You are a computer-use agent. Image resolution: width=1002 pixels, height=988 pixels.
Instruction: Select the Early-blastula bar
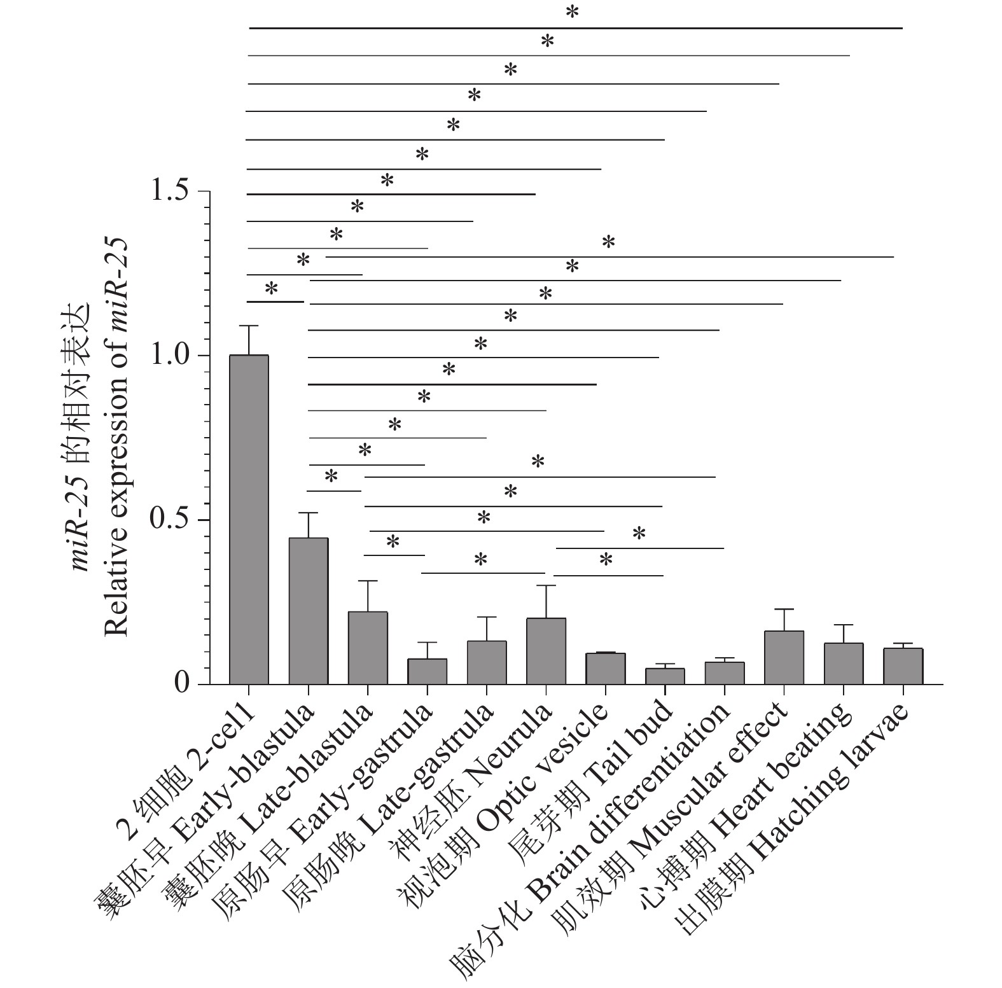click(x=309, y=611)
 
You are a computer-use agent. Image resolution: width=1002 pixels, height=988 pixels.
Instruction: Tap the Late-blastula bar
click(x=368, y=648)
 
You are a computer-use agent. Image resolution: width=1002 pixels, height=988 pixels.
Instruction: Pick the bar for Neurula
click(x=546, y=651)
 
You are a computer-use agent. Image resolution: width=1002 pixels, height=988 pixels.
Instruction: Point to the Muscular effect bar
click(x=784, y=657)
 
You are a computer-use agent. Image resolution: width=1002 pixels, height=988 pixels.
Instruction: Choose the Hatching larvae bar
click(x=903, y=666)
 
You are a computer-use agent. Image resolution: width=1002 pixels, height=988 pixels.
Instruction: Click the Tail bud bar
click(x=665, y=676)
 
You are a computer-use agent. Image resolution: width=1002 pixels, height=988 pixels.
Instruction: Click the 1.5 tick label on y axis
click(x=171, y=191)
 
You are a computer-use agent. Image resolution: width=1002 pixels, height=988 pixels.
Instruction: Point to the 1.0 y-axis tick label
click(x=171, y=355)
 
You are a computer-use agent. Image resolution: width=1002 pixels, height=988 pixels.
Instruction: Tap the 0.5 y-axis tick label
click(x=171, y=520)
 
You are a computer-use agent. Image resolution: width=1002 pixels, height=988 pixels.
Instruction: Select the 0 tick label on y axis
click(x=183, y=684)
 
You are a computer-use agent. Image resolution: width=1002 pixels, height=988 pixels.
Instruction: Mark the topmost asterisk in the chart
click(x=573, y=13)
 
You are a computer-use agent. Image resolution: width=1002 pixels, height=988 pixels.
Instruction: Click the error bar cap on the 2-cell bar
click(x=249, y=326)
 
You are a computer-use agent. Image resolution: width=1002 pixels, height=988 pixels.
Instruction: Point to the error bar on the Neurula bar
click(x=546, y=601)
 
